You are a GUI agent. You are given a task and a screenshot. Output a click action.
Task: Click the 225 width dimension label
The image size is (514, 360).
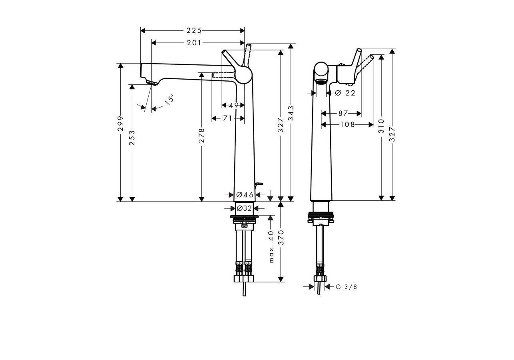(194, 30)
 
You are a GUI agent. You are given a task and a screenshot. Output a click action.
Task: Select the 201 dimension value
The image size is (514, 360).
(194, 43)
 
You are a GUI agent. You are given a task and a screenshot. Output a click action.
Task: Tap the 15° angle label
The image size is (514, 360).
(169, 99)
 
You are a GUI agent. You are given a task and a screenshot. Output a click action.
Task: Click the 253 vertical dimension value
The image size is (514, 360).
(132, 138)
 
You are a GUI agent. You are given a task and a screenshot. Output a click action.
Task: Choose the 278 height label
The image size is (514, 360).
(201, 135)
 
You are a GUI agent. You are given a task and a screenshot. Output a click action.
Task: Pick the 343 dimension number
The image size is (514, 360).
(291, 114)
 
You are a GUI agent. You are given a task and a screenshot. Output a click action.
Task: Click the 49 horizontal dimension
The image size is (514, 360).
(234, 105)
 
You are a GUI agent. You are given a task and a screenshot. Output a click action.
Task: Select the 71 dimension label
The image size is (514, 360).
(228, 118)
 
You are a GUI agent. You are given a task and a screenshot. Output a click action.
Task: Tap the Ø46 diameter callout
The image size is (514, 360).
(245, 195)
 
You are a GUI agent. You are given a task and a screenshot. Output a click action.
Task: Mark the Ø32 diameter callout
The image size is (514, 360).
(244, 208)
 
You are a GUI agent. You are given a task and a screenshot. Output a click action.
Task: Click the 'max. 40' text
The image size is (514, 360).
(272, 246)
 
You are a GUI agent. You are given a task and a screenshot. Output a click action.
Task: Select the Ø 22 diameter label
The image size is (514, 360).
(345, 93)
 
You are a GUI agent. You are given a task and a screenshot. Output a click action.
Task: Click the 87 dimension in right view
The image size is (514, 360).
(343, 113)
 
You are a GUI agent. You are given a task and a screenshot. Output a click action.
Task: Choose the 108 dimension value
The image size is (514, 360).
(347, 124)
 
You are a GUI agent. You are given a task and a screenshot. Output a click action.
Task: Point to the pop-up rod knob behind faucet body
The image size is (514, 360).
(260, 184)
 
